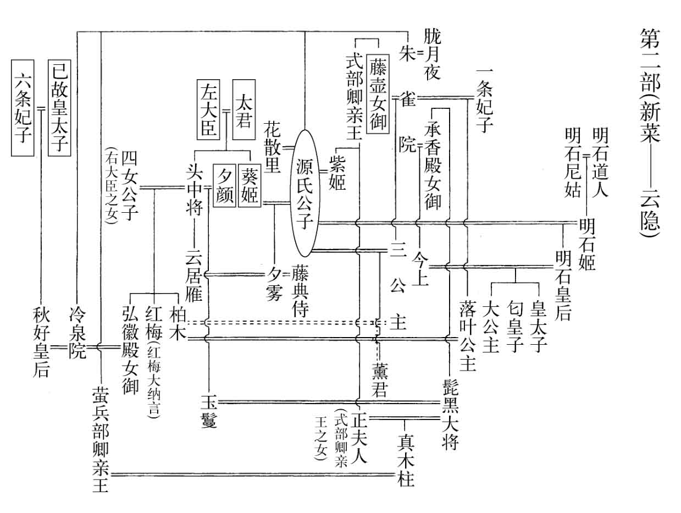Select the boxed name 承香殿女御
point(433,165)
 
